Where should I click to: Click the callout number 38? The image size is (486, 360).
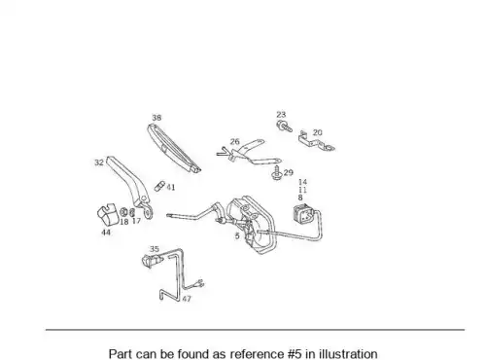(x=156, y=118)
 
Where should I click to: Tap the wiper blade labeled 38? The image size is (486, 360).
(x=174, y=149)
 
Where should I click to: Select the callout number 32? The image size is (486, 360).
(x=99, y=162)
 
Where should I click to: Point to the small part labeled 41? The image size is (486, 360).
(x=159, y=186)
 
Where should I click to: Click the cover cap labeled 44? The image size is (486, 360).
(x=107, y=214)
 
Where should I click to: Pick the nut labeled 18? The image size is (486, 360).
(x=123, y=212)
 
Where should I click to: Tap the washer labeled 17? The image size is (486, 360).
(x=132, y=213)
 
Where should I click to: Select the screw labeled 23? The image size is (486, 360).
(x=284, y=126)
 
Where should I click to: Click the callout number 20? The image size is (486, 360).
(x=318, y=132)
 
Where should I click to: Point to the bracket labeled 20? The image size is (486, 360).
(x=316, y=142)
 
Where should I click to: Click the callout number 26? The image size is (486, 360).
(x=235, y=142)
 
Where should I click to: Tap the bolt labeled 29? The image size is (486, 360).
(x=277, y=172)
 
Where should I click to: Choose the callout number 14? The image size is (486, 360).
(x=302, y=182)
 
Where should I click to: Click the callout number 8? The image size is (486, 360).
(x=300, y=198)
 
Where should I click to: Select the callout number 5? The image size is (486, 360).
(x=237, y=236)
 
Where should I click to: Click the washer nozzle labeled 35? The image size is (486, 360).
(x=151, y=260)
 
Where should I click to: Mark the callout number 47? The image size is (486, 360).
(x=187, y=299)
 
